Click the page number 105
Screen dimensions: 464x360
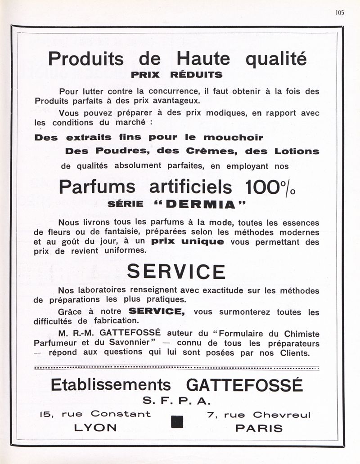click(x=339, y=13)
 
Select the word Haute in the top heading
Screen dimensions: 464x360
click(x=203, y=58)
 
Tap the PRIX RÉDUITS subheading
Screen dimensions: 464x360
click(x=176, y=75)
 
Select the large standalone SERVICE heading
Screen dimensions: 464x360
click(x=176, y=272)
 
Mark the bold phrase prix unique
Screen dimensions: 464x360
click(x=187, y=241)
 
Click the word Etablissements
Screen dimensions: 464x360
click(x=111, y=385)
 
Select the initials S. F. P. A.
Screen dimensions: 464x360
click(x=176, y=401)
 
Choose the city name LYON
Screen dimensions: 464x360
click(x=95, y=428)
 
